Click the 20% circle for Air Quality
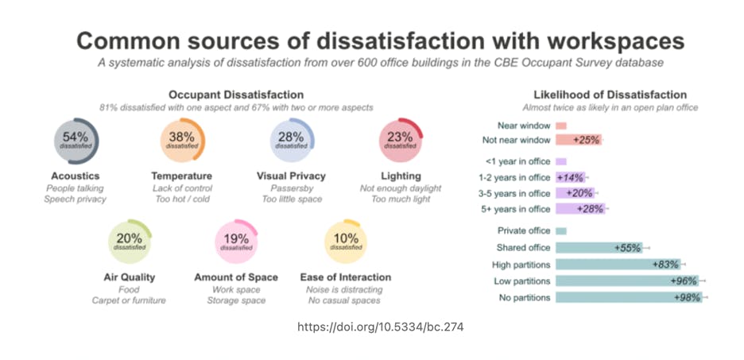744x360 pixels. click(129, 242)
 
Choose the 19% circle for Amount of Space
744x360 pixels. click(236, 242)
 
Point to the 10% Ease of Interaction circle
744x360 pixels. click(346, 242)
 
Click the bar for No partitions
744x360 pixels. click(628, 297)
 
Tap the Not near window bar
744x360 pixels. click(578, 140)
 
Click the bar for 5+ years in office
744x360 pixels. click(580, 209)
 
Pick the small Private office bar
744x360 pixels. click(560, 231)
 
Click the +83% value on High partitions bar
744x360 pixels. click(664, 265)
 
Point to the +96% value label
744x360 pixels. click(684, 281)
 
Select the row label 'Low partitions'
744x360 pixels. click(521, 281)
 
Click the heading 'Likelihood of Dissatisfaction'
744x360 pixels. click(610, 95)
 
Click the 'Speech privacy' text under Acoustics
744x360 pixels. click(75, 199)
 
